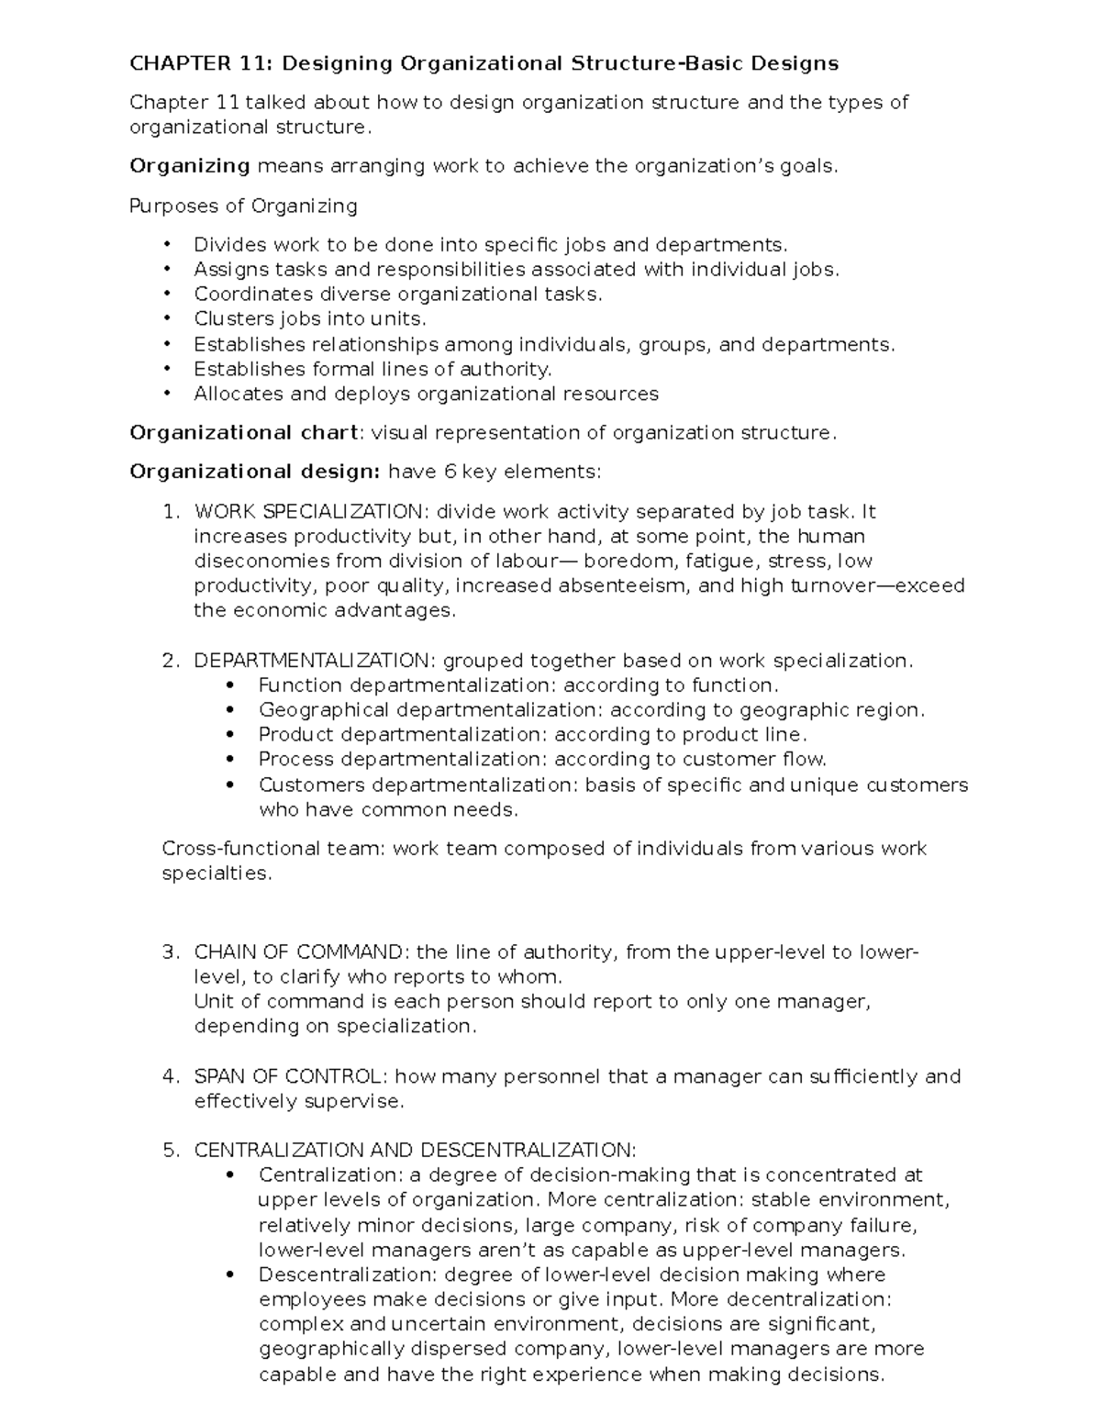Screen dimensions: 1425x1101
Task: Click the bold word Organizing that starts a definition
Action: (190, 166)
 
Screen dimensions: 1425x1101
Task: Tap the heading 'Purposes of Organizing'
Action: (243, 206)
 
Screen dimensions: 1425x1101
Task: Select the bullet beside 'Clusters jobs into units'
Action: (166, 319)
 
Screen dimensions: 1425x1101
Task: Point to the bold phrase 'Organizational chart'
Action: (243, 433)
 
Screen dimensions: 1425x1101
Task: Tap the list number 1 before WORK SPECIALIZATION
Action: (170, 512)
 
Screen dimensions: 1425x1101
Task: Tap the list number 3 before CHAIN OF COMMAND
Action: (170, 952)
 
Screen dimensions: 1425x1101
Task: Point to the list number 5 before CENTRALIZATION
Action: (170, 1151)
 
